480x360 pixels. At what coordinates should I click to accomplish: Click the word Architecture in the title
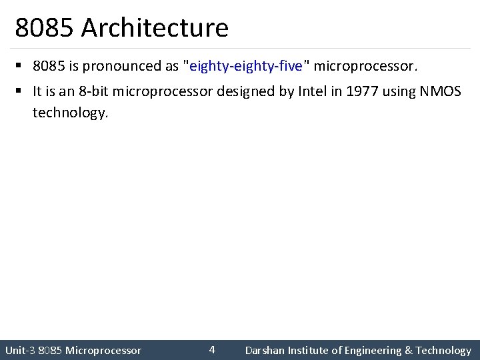(x=155, y=28)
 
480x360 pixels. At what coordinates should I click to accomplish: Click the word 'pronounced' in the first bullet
(x=123, y=67)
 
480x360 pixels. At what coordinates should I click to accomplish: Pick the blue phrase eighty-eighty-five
(x=246, y=67)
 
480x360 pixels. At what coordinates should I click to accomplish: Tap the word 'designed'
(x=246, y=91)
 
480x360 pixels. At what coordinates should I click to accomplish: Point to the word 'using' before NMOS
(x=399, y=91)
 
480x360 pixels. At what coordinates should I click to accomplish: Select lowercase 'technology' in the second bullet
(x=69, y=113)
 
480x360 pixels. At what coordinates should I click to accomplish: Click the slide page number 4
(x=212, y=349)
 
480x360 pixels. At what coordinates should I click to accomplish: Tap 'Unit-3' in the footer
(x=20, y=350)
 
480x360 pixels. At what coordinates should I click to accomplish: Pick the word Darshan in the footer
(x=265, y=350)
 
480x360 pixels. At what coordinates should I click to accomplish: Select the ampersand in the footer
(x=407, y=350)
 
